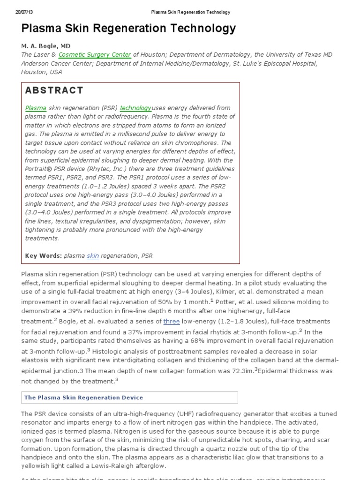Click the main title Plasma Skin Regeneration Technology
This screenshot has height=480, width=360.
[x=128, y=29]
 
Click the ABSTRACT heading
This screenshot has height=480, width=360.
[x=54, y=90]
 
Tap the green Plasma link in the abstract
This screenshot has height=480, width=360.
[x=36, y=108]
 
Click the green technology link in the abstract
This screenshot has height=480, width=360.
[x=135, y=108]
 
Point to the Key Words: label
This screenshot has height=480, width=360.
[x=43, y=255]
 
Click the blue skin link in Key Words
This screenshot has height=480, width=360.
[x=93, y=255]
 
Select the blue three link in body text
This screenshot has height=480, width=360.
[x=171, y=322]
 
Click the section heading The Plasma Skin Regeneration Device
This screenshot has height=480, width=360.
[x=83, y=397]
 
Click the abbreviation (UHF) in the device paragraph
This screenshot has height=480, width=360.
[x=163, y=414]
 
